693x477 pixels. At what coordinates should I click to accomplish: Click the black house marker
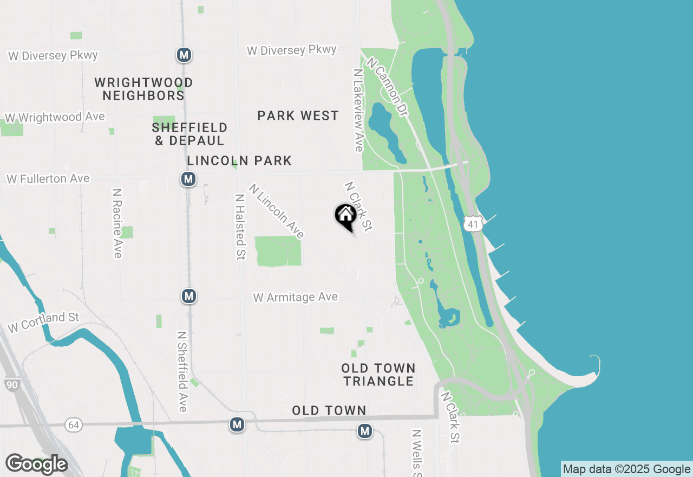(345, 216)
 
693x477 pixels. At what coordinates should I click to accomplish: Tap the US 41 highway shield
(473, 223)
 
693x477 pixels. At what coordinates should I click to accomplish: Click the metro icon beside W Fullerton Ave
(188, 179)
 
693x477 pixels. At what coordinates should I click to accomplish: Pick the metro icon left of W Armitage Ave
(188, 296)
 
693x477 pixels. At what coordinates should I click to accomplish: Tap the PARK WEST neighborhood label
(298, 115)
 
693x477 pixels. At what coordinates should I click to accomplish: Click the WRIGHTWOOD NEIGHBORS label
(143, 89)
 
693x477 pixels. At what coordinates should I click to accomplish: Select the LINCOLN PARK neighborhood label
(239, 160)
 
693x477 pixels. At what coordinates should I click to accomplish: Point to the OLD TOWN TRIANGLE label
(378, 375)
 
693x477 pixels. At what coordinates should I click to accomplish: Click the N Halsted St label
(240, 227)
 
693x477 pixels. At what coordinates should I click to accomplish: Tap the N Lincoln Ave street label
(277, 211)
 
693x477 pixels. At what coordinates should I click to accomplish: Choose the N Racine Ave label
(117, 223)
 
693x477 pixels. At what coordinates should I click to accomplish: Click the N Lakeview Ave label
(358, 110)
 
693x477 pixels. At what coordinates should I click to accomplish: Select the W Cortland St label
(44, 321)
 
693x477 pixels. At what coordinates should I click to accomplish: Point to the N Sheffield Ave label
(182, 371)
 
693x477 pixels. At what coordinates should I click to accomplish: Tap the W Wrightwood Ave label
(55, 117)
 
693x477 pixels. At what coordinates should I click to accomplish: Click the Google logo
(36, 464)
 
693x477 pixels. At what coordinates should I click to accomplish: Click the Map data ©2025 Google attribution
(626, 469)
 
